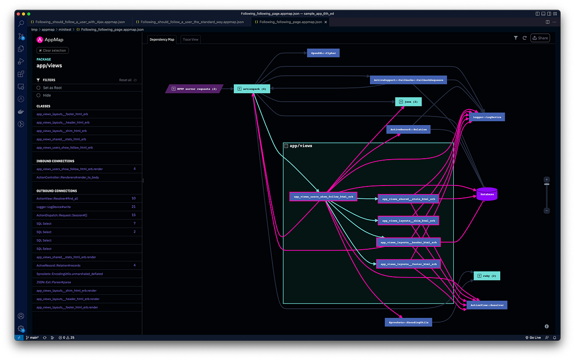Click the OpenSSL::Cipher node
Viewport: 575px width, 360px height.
point(323,53)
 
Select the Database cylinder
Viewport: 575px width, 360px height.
point(486,194)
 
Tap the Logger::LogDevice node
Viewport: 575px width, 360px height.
point(487,116)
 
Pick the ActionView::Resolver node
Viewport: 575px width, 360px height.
point(487,305)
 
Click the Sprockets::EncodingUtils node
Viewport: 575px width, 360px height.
point(408,323)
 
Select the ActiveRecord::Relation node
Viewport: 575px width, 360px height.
point(408,129)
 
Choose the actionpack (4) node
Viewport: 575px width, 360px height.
point(252,89)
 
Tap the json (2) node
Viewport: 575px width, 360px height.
point(408,102)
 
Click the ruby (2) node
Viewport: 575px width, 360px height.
point(487,276)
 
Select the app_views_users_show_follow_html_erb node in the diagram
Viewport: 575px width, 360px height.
point(323,197)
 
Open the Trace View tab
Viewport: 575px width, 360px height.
point(191,39)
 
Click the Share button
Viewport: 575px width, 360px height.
point(540,38)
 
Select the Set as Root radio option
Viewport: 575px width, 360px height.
point(39,88)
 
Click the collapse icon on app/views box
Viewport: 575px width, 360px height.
point(286,145)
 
